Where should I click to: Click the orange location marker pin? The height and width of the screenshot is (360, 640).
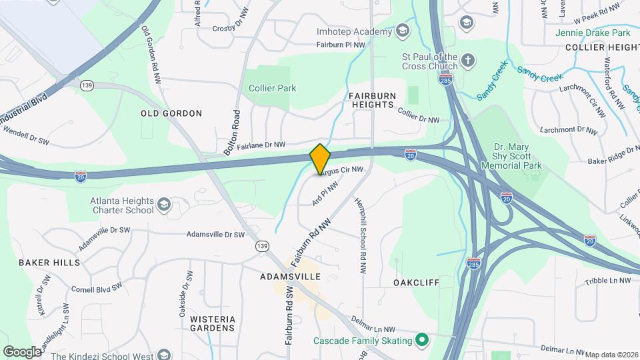coord(320,159)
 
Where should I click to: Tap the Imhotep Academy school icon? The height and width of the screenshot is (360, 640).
coord(402,31)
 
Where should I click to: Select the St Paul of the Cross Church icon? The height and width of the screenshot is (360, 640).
coord(469,61)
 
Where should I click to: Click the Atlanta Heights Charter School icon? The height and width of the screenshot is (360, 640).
coord(164,205)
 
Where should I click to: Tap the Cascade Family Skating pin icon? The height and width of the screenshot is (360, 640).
coord(421,341)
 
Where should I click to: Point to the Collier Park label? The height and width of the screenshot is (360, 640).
coord(272,88)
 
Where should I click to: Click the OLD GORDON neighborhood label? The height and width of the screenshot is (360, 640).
coord(171,113)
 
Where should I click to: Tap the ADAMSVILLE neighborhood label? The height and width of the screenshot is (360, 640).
coord(290,276)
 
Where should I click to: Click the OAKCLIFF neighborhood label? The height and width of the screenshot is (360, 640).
coord(416,283)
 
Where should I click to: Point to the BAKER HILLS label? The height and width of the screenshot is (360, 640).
coord(49,263)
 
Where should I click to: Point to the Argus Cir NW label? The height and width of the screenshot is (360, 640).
coord(341,171)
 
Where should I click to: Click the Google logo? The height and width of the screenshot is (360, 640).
coord(21,351)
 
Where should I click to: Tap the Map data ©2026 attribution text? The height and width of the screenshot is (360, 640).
coord(611,355)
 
